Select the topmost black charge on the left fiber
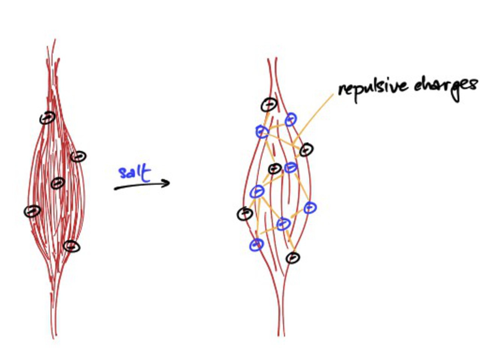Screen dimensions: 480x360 (48, 118)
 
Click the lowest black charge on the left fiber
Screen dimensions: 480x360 (72, 246)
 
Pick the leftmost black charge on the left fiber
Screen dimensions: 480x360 (33, 211)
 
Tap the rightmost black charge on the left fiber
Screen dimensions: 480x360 (79, 156)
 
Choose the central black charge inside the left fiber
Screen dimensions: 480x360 (57, 183)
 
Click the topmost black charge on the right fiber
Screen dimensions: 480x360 (269, 105)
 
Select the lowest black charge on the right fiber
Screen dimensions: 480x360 (293, 258)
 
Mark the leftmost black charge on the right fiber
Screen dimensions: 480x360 (245, 213)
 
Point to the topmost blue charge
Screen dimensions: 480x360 (291, 119)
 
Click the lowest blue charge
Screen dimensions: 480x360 (256, 245)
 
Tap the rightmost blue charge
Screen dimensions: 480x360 (310, 207)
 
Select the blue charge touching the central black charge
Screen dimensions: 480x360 (291, 167)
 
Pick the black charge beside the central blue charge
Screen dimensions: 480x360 (275, 169)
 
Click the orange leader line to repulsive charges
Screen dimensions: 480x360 (315, 116)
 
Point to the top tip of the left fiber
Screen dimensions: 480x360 (55, 40)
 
